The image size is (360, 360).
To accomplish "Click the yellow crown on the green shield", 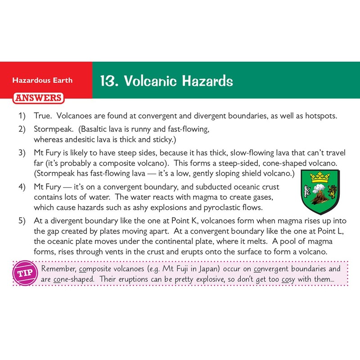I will tap(320, 177).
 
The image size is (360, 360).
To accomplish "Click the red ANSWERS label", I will tap(38, 98).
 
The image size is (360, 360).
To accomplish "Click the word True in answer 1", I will tap(43, 116).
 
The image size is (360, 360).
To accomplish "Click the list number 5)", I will tap(22, 221).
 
